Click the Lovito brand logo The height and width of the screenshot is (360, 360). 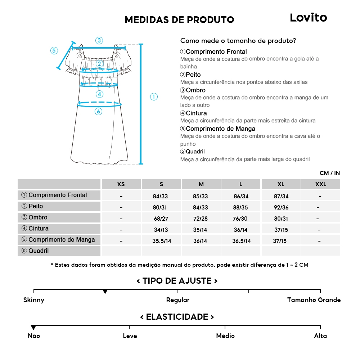pyautogui.click(x=308, y=18)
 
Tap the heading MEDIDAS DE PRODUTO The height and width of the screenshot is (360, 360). pyautogui.click(x=179, y=20)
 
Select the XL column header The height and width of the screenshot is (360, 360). pyautogui.click(x=281, y=184)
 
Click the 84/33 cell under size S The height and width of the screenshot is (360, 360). pyautogui.click(x=161, y=197)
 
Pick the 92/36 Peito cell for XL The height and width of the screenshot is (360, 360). pyautogui.click(x=281, y=208)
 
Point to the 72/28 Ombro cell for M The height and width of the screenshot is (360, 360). pyautogui.click(x=201, y=219)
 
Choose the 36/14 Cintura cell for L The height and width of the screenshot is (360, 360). pyautogui.click(x=241, y=230)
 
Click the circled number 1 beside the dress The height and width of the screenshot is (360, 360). pyautogui.click(x=154, y=96)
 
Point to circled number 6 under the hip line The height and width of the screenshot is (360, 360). pyautogui.click(x=98, y=112)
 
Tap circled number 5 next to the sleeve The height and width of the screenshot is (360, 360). pyautogui.click(x=54, y=50)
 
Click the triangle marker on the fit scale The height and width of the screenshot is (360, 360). pyautogui.click(x=105, y=292)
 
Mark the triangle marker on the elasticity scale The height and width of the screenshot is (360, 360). pyautogui.click(x=33, y=328)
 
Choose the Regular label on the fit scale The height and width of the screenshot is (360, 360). pyautogui.click(x=177, y=300)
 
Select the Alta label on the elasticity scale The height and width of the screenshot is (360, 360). pyautogui.click(x=320, y=336)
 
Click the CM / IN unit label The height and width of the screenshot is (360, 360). pyautogui.click(x=329, y=173)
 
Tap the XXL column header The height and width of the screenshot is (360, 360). pyautogui.click(x=320, y=184)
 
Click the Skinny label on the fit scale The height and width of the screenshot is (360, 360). pyautogui.click(x=34, y=300)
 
